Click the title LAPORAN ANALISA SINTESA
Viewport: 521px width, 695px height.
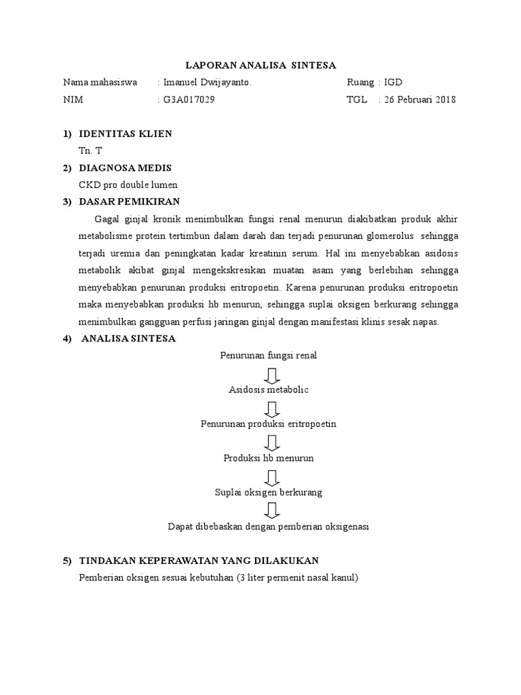261,65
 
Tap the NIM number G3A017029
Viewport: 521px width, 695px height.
193,100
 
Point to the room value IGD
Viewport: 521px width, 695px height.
393,83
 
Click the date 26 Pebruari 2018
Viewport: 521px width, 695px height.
420,100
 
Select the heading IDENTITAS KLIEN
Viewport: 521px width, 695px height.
126,134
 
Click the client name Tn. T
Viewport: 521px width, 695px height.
90,151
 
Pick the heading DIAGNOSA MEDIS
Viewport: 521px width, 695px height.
126,168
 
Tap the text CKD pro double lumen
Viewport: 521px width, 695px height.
128,185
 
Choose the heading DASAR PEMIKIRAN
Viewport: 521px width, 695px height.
130,202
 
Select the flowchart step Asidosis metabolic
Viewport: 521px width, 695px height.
269,390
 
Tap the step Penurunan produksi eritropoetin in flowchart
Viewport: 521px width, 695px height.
269,424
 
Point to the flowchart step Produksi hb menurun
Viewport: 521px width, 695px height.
269,458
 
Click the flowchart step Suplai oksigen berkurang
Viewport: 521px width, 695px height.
269,492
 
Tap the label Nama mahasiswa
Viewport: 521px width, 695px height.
100,83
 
